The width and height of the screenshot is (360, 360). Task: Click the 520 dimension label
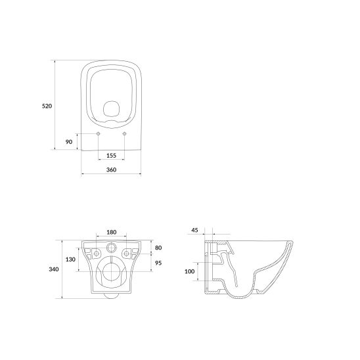[47, 106]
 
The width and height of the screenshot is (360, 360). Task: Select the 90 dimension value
[69, 142]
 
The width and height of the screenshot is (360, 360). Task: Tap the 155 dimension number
[112, 156]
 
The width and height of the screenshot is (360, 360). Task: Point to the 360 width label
[112, 169]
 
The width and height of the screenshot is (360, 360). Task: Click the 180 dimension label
[112, 232]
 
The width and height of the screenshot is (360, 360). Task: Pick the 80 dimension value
[158, 248]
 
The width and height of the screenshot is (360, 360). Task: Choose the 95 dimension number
[158, 263]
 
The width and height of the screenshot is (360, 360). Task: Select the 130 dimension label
[70, 259]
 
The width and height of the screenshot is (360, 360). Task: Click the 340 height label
[54, 269]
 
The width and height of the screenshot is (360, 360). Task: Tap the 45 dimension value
[194, 230]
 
